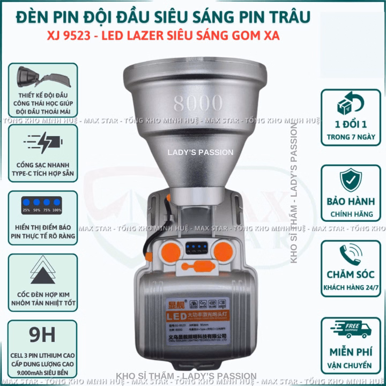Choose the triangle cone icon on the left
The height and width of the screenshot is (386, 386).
tap(43, 271)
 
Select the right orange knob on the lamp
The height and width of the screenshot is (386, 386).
tap(221, 248)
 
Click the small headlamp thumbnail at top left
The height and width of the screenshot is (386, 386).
tap(43, 76)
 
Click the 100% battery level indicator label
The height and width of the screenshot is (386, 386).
tap(57, 210)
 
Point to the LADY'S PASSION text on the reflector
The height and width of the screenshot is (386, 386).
tap(200, 152)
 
